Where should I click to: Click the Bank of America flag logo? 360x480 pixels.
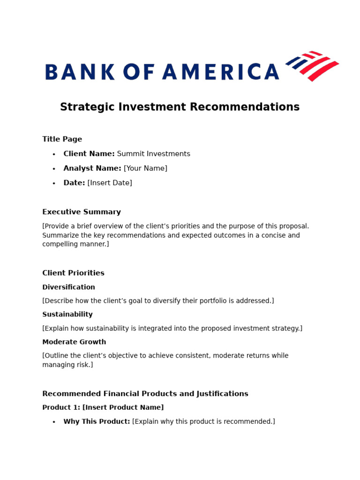(312, 66)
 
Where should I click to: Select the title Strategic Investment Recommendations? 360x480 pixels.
(180, 107)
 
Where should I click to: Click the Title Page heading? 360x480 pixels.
(62, 139)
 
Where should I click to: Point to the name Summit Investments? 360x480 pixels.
(153, 154)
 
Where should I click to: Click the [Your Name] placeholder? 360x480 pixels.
(145, 168)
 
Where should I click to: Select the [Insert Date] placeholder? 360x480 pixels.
(110, 183)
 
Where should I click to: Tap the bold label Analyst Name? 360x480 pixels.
(92, 168)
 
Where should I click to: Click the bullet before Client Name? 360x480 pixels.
(54, 154)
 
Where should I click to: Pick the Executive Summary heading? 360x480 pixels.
(82, 212)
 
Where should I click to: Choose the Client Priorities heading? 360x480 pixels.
(73, 273)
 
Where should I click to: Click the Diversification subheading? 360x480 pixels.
(68, 287)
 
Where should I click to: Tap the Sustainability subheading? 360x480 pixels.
(67, 315)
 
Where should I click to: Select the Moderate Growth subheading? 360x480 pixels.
(74, 342)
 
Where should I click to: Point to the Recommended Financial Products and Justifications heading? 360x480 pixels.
(145, 394)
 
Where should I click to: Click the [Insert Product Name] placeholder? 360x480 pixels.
(123, 408)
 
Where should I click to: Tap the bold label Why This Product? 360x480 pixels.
(97, 421)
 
